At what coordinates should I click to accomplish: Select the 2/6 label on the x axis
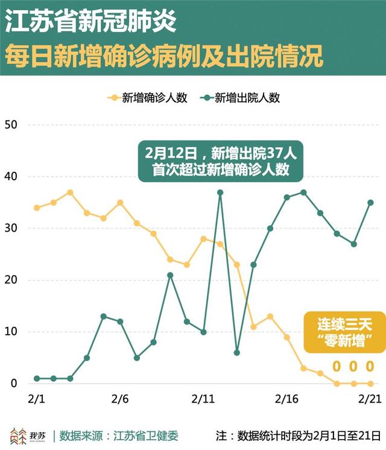point(120,399)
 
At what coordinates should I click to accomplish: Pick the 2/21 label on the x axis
point(369,399)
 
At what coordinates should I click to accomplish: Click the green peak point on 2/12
point(220,192)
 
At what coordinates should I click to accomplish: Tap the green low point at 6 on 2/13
point(237,352)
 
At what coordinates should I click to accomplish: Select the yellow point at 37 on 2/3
point(70,192)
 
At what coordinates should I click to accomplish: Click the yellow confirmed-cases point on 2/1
point(37,208)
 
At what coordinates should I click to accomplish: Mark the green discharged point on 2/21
point(370,203)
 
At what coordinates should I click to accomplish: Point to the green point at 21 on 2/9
point(170,275)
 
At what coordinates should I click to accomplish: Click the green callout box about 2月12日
point(220,160)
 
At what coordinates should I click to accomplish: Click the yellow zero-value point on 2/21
point(370,383)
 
